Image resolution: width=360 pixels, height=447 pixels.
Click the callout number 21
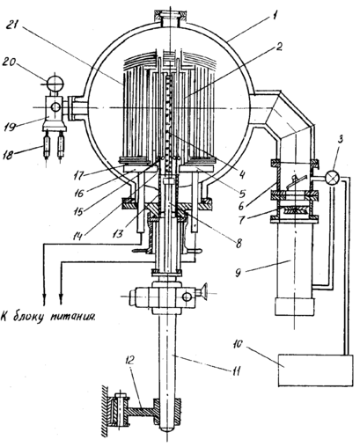tap(13, 26)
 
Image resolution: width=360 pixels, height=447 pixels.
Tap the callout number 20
tap(11, 62)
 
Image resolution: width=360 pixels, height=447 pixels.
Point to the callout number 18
tap(9, 154)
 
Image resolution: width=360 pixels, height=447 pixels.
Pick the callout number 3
tap(340, 140)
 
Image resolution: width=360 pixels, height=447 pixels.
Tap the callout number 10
tap(239, 343)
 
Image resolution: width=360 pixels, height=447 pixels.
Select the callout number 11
tap(236, 370)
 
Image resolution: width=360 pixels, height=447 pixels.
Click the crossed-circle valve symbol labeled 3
tap(332, 178)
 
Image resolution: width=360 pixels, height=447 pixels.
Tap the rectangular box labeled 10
tap(315, 370)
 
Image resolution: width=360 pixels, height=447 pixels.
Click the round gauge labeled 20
tap(55, 84)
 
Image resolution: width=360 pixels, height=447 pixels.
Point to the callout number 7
tap(241, 219)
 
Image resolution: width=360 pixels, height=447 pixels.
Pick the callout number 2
tap(278, 47)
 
